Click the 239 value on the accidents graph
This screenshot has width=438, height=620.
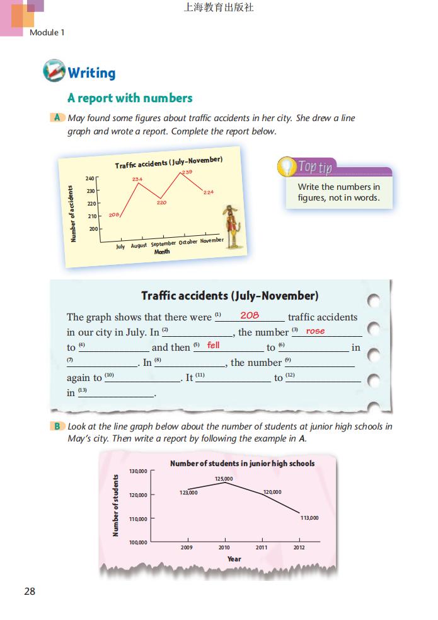(187, 172)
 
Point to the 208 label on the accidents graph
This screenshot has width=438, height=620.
(114, 215)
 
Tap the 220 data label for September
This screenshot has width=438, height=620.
(161, 203)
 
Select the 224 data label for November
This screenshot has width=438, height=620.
(209, 192)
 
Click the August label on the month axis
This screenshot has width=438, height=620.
(139, 245)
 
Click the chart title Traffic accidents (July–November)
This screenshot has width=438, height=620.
(168, 163)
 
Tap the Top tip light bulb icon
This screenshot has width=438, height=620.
(287, 167)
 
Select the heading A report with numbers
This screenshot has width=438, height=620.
(130, 98)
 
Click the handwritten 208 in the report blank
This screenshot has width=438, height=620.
(250, 315)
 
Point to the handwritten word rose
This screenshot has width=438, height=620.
(315, 330)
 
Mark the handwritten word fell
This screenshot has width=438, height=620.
(214, 345)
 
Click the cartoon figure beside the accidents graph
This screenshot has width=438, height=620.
(233, 221)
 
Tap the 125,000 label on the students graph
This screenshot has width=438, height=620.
(224, 479)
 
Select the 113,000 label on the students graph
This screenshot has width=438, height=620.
(309, 518)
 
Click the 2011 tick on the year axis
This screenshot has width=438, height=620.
(261, 547)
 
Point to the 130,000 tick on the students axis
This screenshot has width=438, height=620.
(138, 471)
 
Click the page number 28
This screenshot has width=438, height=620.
(30, 591)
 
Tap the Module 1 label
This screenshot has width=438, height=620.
(47, 32)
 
